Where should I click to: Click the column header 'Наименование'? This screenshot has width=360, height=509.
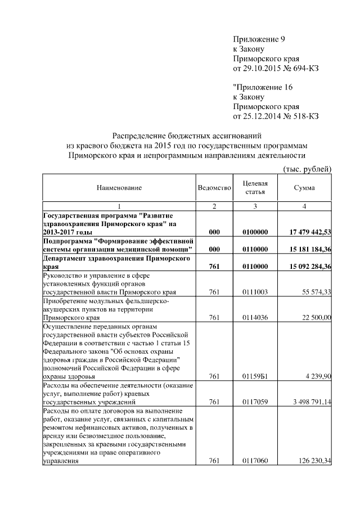[118, 188]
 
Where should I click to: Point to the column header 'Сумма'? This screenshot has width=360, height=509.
[304, 188]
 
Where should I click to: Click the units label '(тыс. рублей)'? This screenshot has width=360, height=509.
[306, 169]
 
